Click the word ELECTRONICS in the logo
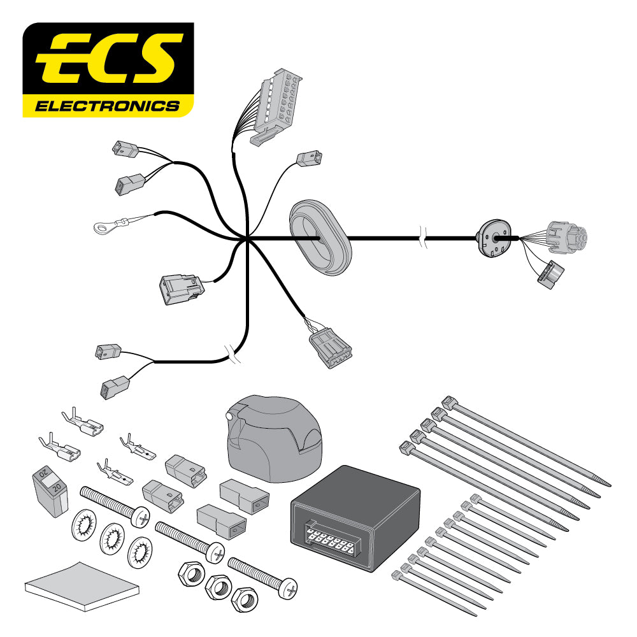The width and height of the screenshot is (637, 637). click(107, 106)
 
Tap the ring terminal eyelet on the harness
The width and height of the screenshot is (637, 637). click(103, 225)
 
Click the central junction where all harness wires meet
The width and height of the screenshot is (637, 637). click(247, 240)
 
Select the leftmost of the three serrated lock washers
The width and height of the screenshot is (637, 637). click(80, 526)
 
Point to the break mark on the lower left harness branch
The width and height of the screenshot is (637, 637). click(232, 354)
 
